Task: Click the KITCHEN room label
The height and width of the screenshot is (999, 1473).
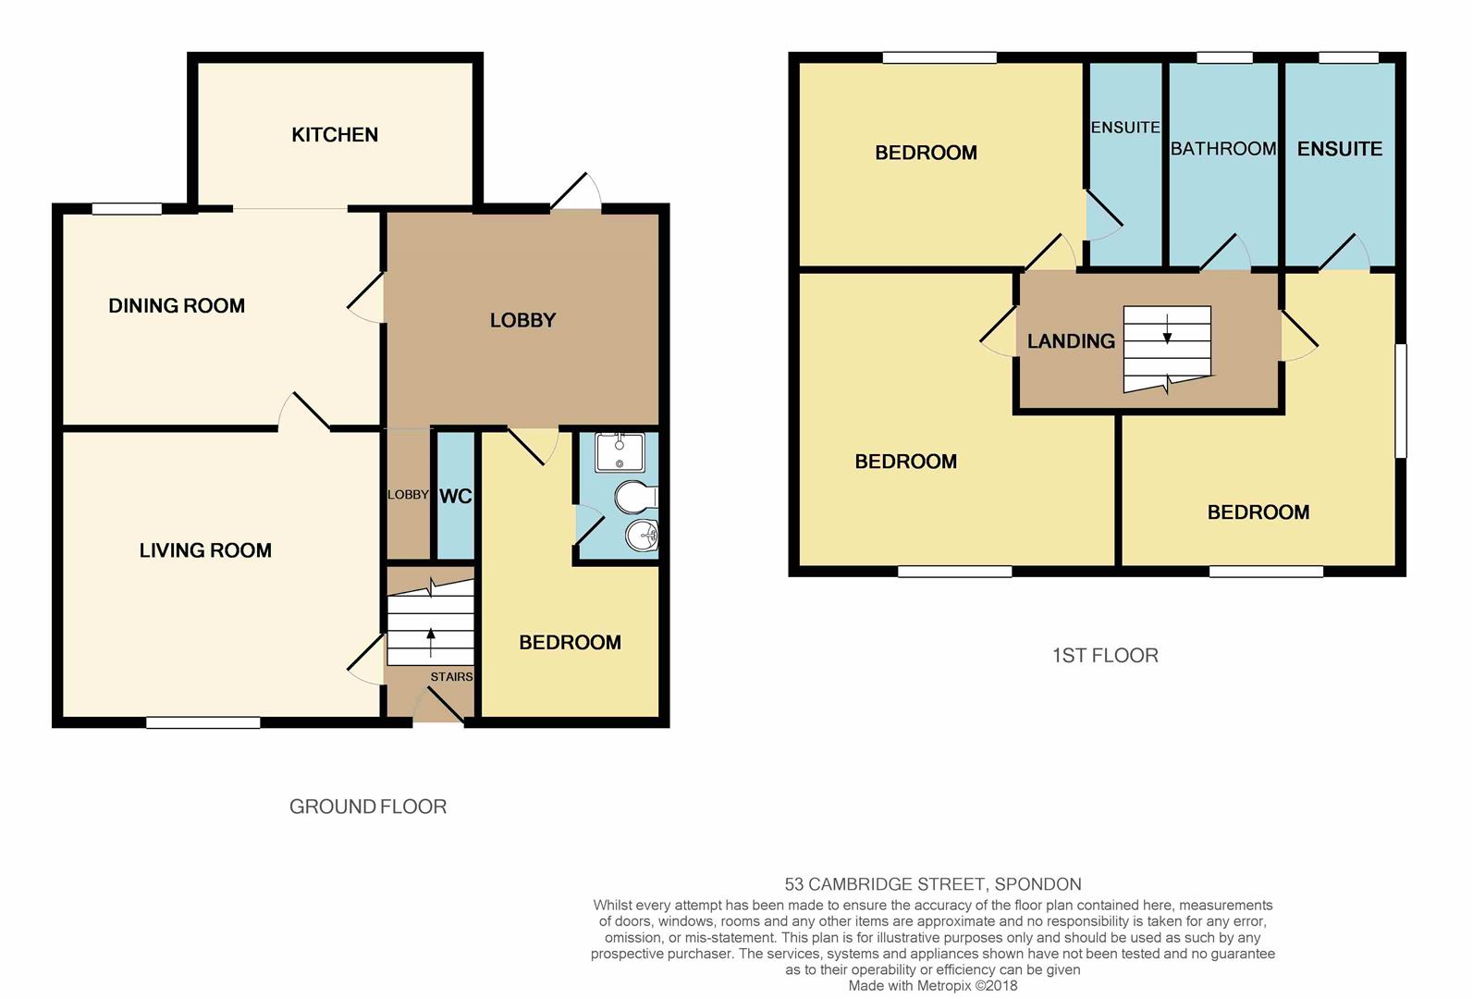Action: (335, 135)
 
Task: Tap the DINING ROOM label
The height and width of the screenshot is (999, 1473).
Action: (177, 306)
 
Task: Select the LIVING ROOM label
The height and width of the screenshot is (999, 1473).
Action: (205, 550)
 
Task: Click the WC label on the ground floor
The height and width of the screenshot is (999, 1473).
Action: (455, 497)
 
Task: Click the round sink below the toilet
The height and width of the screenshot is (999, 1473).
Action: (641, 535)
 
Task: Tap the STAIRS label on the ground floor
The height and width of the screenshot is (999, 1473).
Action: (451, 677)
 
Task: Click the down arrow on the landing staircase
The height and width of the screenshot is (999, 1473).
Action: (1167, 329)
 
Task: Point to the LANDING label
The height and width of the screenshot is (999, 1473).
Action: (1071, 341)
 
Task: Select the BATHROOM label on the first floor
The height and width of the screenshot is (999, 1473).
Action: (1222, 149)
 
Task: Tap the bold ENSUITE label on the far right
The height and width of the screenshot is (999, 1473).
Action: (1339, 149)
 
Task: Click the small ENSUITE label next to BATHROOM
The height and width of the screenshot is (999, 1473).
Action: (1124, 128)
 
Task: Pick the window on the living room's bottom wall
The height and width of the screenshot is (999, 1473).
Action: (203, 722)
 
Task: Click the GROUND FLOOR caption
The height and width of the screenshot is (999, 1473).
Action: (368, 807)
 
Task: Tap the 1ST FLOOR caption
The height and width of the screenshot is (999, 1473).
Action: (1105, 656)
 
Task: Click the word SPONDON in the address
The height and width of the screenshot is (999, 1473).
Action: (1037, 884)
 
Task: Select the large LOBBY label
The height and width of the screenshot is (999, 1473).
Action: (522, 321)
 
